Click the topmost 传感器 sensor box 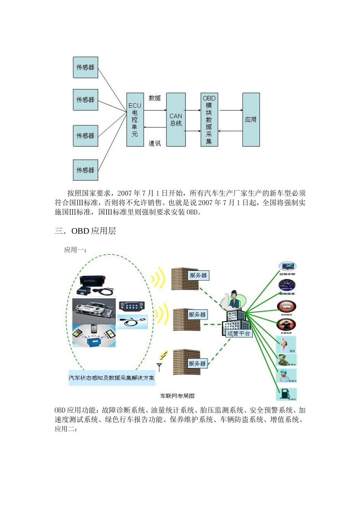pyautogui.click(x=85, y=67)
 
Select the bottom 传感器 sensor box pyautogui.click(x=85, y=170)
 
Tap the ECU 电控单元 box pyautogui.click(x=135, y=120)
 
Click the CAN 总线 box pyautogui.click(x=176, y=120)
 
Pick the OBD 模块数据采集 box pyautogui.click(x=209, y=120)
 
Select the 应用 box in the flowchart pyautogui.click(x=251, y=120)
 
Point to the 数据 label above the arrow pyautogui.click(x=155, y=98)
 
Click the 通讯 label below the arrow pyautogui.click(x=155, y=144)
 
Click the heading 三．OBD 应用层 pyautogui.click(x=85, y=231)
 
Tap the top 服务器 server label pyautogui.click(x=199, y=275)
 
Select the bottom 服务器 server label pyautogui.click(x=197, y=364)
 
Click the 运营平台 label pyautogui.click(x=239, y=334)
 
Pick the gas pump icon pyautogui.click(x=286, y=394)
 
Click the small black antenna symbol pyautogui.click(x=160, y=367)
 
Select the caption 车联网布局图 pyautogui.click(x=177, y=396)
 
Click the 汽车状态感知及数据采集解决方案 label pyautogui.click(x=112, y=378)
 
